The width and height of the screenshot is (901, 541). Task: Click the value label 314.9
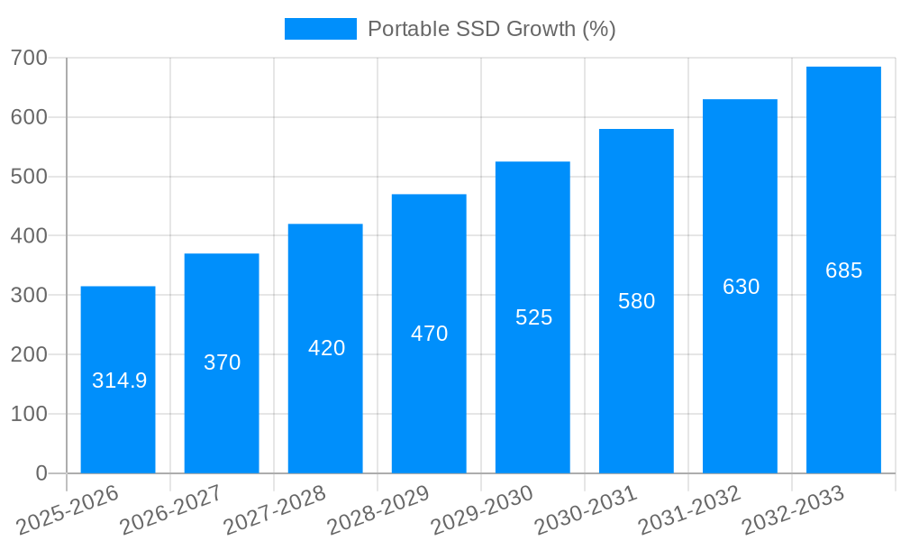click(119, 381)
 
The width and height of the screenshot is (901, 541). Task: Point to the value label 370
click(222, 362)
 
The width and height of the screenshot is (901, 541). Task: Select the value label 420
click(326, 348)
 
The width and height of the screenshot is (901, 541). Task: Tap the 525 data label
click(533, 317)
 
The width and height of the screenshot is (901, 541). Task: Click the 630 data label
click(741, 287)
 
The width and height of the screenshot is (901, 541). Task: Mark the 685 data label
click(843, 270)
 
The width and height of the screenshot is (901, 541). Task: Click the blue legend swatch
click(320, 29)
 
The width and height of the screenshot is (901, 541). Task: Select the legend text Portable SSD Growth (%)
click(491, 29)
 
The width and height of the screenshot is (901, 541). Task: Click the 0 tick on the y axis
click(41, 473)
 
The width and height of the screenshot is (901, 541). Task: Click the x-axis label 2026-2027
click(171, 509)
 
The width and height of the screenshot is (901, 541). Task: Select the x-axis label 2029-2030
click(482, 509)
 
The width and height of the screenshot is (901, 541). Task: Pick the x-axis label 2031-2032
click(689, 509)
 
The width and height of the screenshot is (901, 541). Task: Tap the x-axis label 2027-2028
click(275, 509)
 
